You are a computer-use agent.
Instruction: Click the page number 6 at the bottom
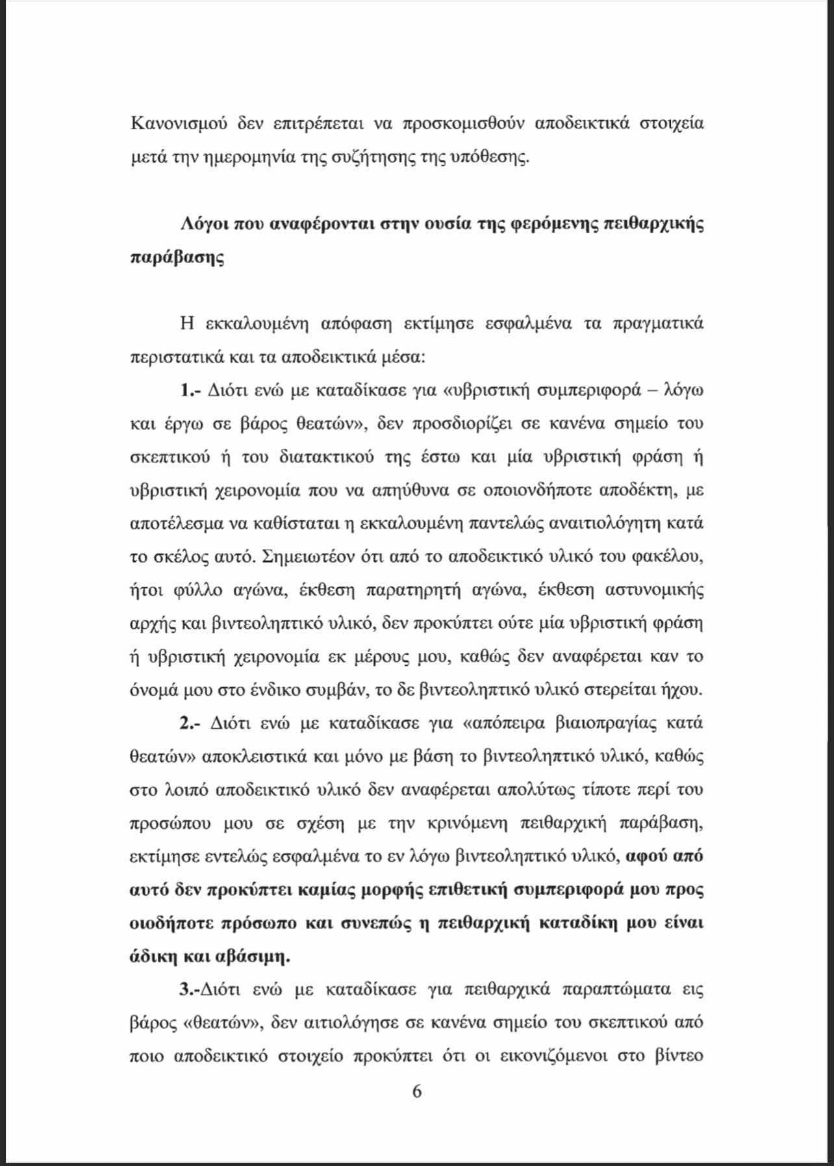point(417,1091)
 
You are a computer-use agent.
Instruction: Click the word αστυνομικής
point(654,590)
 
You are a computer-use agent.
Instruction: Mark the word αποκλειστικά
point(255,757)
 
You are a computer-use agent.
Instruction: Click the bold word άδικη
point(153,956)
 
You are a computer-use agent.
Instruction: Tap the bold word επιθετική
point(466,889)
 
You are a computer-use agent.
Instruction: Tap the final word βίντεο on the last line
point(677,1056)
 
